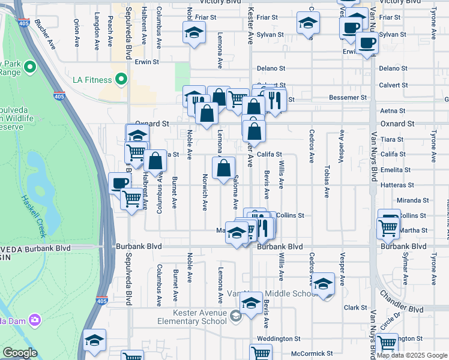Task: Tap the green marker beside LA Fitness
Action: pos(121,79)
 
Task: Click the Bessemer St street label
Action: pos(348,97)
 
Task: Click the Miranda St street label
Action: pos(412,200)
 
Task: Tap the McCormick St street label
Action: pos(312,353)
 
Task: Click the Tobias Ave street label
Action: pos(327,180)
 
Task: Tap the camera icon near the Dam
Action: pos(34,319)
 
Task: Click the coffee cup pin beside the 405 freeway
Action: pos(119,184)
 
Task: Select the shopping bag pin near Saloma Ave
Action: pos(224,168)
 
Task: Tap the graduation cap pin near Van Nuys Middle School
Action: pos(324,284)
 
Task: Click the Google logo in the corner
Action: pos(20,353)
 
